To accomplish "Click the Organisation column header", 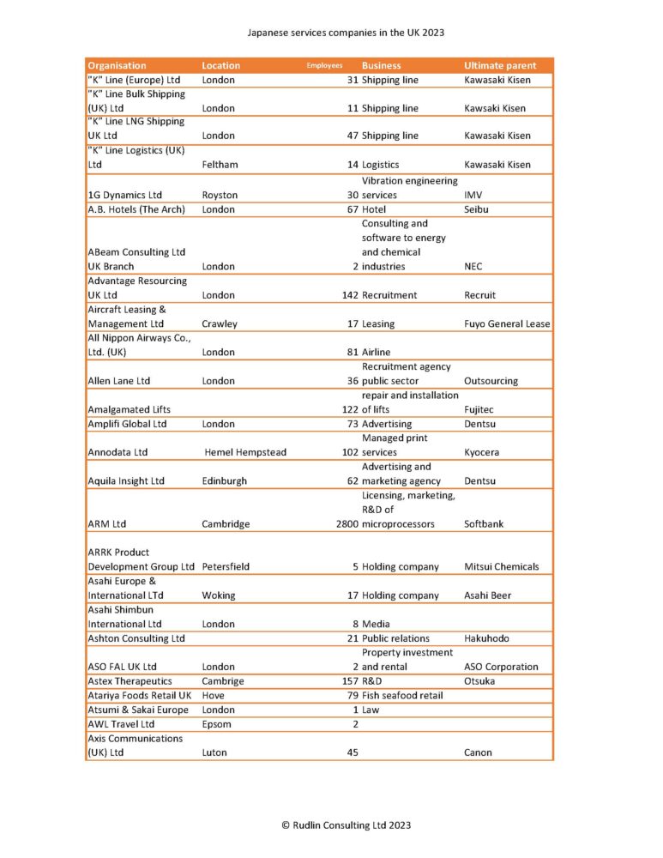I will pos(117,65).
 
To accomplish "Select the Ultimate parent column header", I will pos(500,65).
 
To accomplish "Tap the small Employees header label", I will pos(325,65).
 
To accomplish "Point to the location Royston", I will pos(220,195).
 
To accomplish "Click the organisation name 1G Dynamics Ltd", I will pos(126,195).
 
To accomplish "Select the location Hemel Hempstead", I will pos(245,452).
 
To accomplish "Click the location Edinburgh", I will pos(224,480).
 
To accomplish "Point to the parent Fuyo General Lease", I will pos(507,323).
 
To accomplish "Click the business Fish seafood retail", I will pos(402,695).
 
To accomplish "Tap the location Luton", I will pos(215,752).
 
